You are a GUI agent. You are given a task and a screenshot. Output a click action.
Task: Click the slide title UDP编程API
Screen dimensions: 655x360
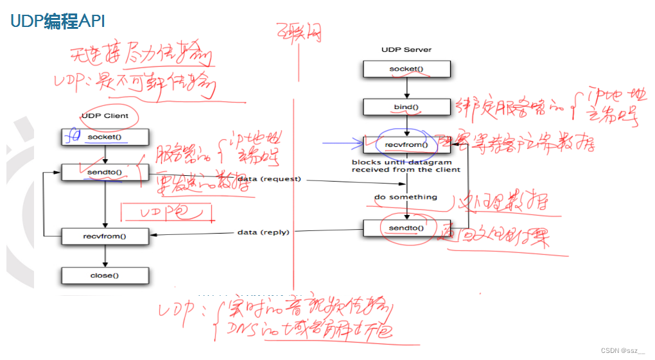tap(57, 22)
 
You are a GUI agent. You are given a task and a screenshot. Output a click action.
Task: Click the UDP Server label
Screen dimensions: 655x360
tap(406, 49)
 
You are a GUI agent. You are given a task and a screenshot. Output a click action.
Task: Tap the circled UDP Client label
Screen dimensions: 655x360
tap(105, 116)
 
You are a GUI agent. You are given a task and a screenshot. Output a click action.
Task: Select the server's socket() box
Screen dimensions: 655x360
tap(406, 69)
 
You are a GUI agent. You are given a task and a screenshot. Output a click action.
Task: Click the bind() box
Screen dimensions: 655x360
tap(406, 107)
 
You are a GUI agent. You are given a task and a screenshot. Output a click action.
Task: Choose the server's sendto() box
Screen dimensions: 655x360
tap(406, 228)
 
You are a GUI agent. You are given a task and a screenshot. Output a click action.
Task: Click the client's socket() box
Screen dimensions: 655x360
tap(105, 137)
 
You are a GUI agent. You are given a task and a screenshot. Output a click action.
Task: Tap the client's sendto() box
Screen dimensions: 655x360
tap(105, 173)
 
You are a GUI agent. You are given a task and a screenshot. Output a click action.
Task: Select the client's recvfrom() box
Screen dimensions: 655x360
tap(105, 236)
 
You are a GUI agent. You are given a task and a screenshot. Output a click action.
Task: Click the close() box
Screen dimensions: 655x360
tap(105, 275)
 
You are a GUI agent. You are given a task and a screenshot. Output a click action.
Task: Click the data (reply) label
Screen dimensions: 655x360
tap(263, 232)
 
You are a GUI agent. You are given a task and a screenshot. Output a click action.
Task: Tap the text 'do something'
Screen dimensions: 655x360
tap(406, 197)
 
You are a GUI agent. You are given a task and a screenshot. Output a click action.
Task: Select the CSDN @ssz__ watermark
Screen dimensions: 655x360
tap(622, 350)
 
